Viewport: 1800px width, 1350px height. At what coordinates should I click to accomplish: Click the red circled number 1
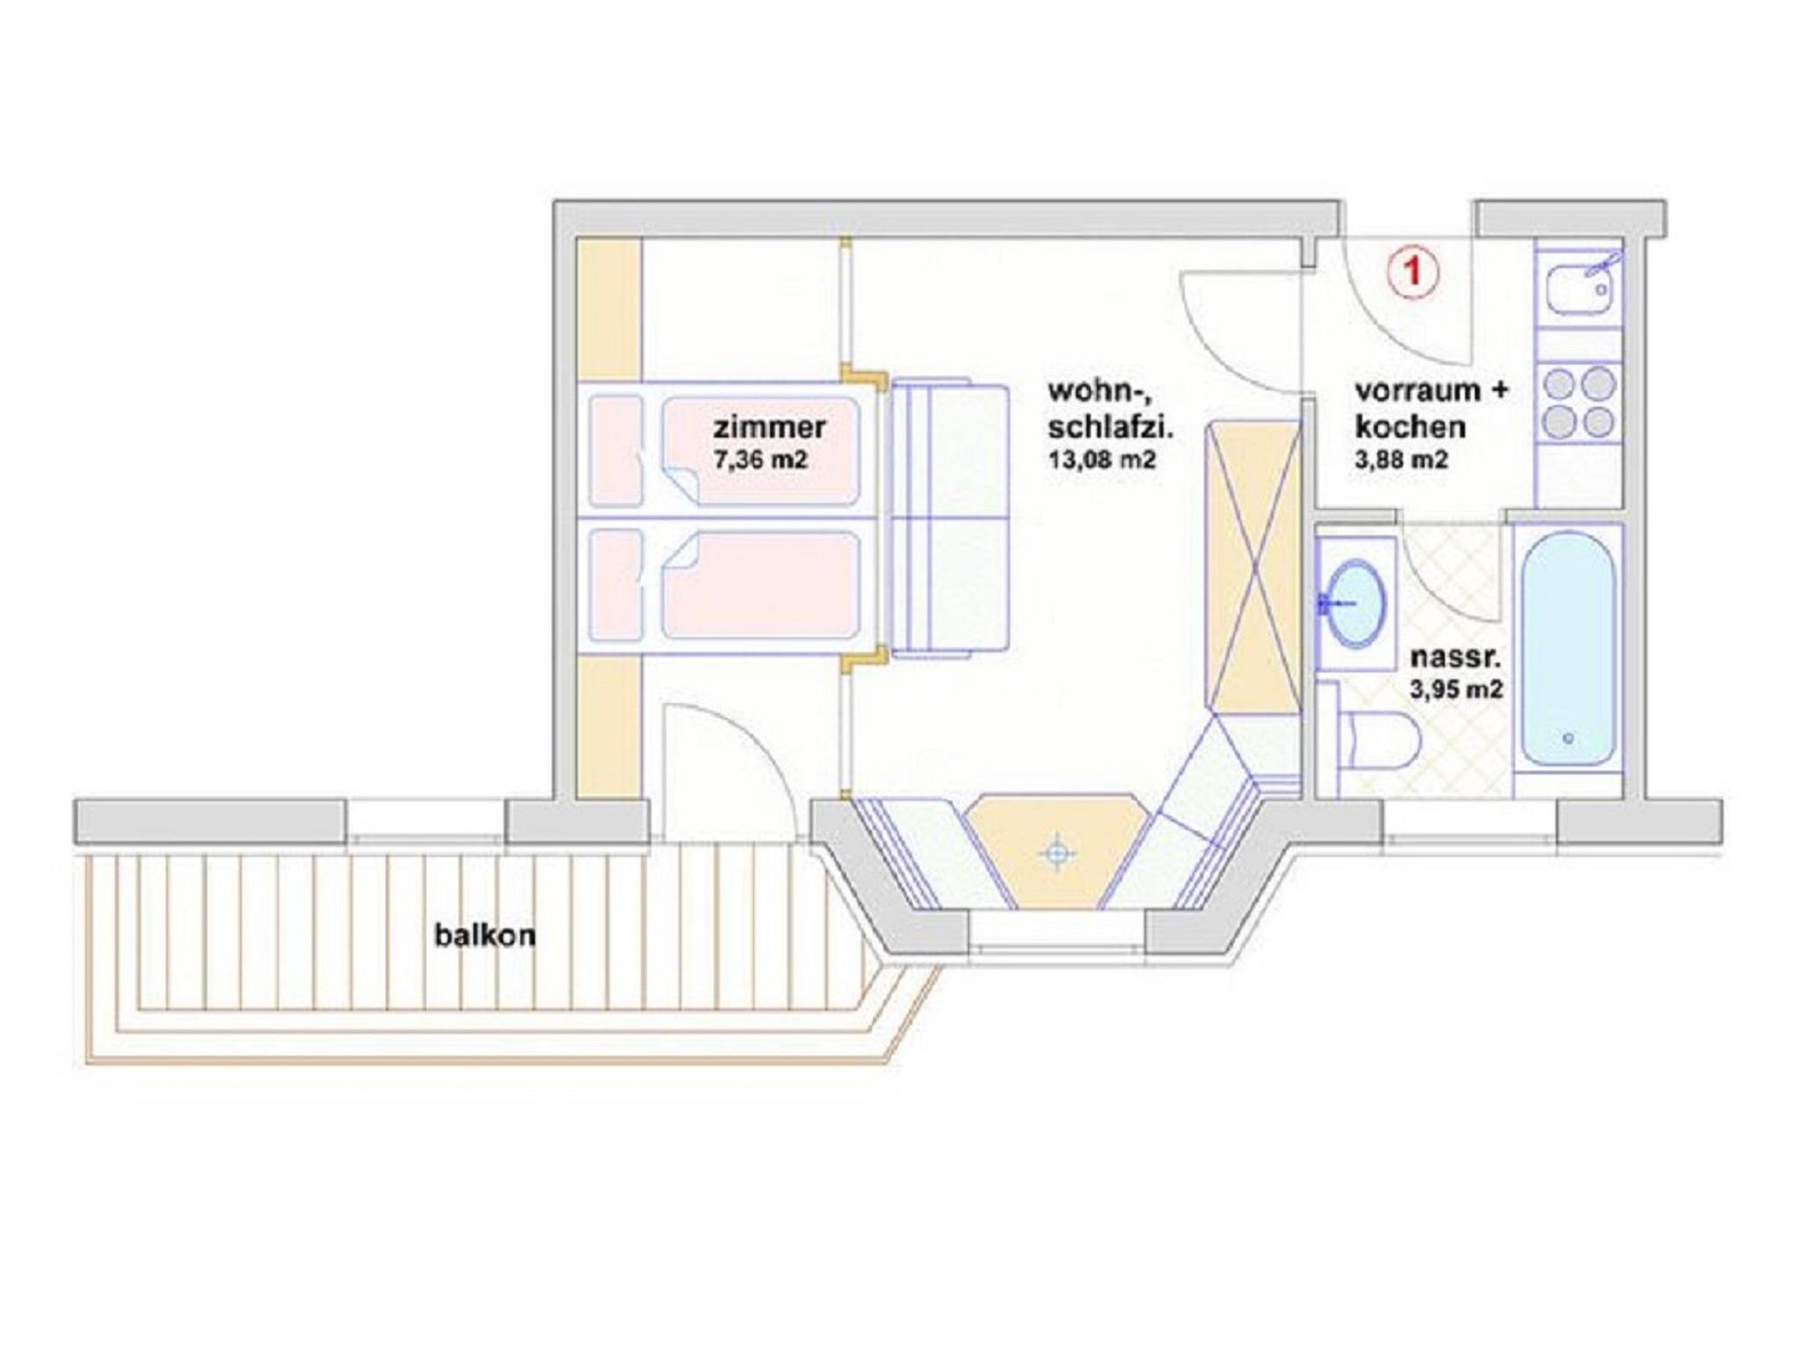[x=1413, y=272]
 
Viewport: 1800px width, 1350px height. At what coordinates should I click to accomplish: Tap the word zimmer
[x=769, y=427]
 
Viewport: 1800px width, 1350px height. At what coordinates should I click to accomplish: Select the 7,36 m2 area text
[x=760, y=460]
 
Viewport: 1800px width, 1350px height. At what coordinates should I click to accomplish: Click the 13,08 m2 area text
[x=1101, y=460]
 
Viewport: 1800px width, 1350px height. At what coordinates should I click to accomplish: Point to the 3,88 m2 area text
[x=1401, y=460]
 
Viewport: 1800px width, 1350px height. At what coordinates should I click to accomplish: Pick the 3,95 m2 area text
[x=1456, y=690]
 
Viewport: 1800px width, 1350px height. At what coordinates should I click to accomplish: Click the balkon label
[x=484, y=935]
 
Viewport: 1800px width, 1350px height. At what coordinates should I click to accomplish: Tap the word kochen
[x=1410, y=427]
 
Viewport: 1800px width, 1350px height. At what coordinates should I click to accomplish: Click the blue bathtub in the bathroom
[x=1568, y=650]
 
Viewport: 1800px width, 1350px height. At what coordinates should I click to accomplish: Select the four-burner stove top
[x=1579, y=403]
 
